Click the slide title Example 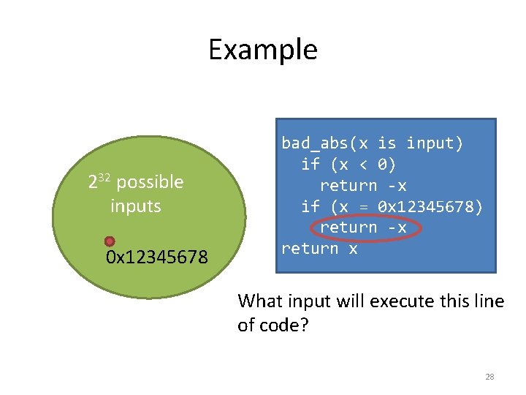[x=262, y=50]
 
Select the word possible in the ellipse [x=150, y=182]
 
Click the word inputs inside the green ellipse [x=135, y=206]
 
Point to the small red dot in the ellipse [x=110, y=241]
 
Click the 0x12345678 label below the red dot [x=156, y=257]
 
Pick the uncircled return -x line [x=362, y=186]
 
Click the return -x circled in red [x=362, y=227]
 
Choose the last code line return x [x=319, y=249]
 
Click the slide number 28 [x=489, y=377]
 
